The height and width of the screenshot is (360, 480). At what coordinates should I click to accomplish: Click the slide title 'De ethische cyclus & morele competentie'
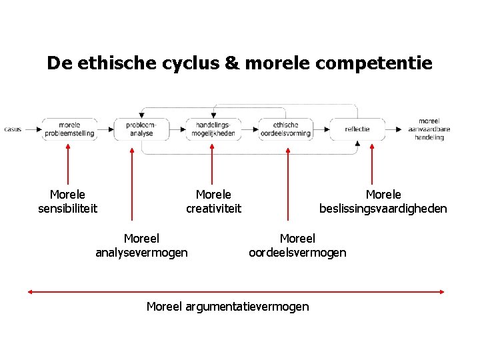[239, 63]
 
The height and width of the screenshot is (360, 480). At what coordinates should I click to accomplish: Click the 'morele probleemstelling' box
[69, 129]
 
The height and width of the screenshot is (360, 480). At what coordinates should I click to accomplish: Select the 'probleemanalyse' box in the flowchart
[141, 129]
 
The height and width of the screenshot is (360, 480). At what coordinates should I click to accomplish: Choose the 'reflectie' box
[357, 129]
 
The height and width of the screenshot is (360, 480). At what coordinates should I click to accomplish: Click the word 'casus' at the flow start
[13, 129]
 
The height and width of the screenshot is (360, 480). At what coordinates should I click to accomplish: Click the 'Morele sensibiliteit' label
[68, 201]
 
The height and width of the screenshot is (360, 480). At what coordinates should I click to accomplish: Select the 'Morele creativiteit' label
[213, 201]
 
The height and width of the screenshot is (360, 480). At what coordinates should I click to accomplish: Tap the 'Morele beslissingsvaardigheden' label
[383, 201]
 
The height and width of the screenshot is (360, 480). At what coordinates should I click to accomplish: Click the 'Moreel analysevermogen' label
[141, 245]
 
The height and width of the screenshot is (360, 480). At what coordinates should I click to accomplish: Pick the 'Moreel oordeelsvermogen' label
[297, 245]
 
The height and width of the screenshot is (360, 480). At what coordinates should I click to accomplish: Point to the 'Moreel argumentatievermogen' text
[227, 307]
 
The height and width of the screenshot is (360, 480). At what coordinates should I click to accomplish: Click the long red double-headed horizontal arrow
[237, 291]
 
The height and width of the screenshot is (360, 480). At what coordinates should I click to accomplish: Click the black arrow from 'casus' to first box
[33, 129]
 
